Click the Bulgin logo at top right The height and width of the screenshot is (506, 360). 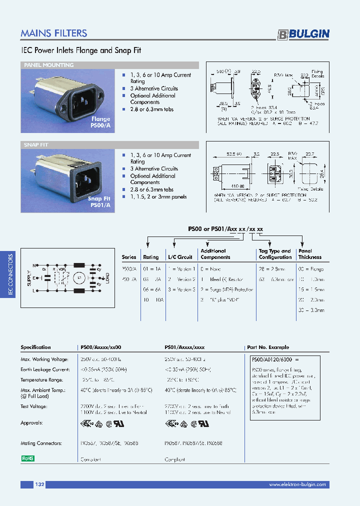[303, 34]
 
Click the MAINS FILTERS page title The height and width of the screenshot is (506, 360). [54, 33]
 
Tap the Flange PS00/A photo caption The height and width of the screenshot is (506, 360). [100, 122]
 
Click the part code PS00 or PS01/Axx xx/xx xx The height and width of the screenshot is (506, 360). [226, 228]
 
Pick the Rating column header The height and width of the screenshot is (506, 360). [151, 257]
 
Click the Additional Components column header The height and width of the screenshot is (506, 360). [215, 254]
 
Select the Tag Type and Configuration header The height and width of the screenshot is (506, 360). [275, 254]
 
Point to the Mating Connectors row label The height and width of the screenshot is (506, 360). [41, 443]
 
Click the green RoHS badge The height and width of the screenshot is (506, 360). [27, 458]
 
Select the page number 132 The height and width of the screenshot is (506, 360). [40, 484]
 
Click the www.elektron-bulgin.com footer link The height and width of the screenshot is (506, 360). [297, 484]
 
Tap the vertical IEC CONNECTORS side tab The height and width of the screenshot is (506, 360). [11, 275]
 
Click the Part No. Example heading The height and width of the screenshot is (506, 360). [268, 347]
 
